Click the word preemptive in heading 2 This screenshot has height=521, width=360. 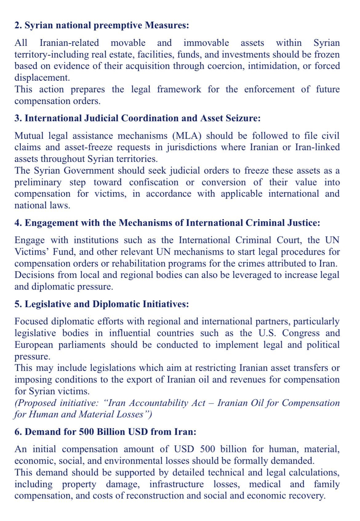coord(118,25)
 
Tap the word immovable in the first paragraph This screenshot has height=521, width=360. coord(206,43)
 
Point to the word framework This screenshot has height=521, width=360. coord(179,89)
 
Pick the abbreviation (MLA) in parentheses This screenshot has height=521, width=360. coord(187,136)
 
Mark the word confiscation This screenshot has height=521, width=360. coord(154,182)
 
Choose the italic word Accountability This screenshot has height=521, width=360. coord(168,403)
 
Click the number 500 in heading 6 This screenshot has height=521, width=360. coord(86,432)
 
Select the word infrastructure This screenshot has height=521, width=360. coord(176,484)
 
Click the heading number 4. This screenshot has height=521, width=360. coord(17,223)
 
